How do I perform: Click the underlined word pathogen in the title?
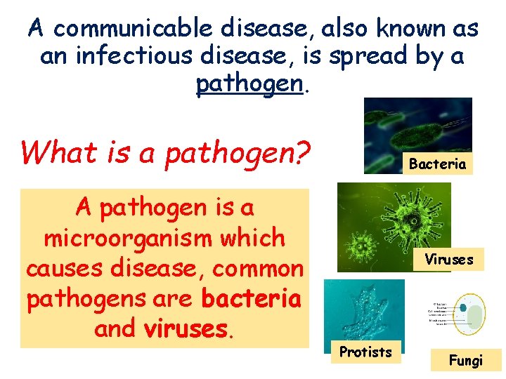[249, 84]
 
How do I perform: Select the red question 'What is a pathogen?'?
[166, 152]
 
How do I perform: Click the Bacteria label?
[437, 164]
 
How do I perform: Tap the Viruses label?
[448, 260]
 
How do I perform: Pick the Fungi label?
[466, 361]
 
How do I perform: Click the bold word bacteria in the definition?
[251, 299]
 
